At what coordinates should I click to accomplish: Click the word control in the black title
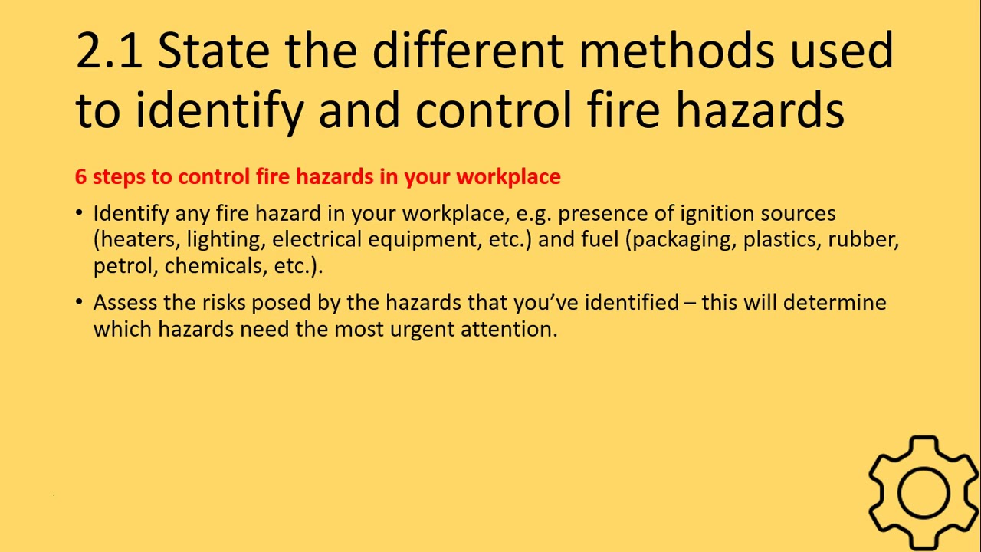tap(494, 110)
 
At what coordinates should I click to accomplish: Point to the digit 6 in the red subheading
tap(80, 177)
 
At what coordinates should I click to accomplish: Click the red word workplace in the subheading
tap(508, 177)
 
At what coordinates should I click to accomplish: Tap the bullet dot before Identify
tap(80, 213)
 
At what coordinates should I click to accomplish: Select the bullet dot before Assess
tap(80, 302)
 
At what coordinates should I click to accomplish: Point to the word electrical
tap(317, 240)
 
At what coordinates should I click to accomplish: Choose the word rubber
tap(862, 240)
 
